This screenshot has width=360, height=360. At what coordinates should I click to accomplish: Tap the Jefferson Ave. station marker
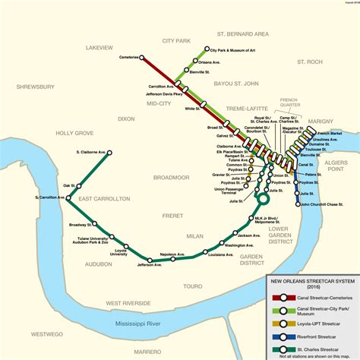pos(150,261)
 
